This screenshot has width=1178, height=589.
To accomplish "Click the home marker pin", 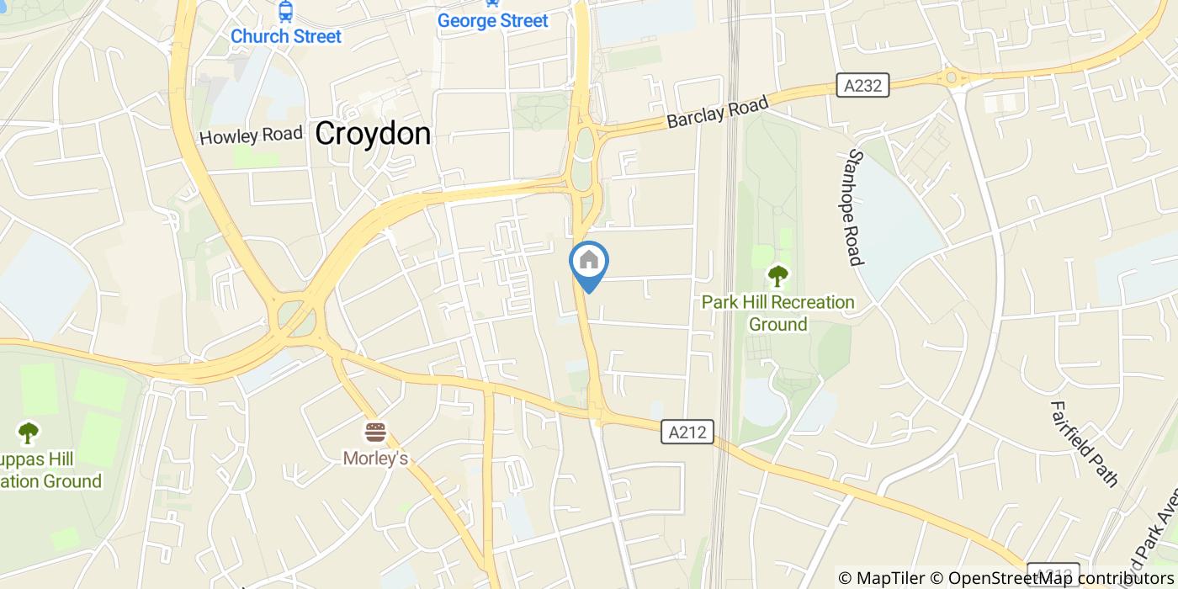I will click(589, 262).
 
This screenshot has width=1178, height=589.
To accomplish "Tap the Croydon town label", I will click(373, 134).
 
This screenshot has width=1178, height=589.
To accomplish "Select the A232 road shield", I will click(862, 85).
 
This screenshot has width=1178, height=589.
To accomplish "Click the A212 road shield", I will click(687, 432).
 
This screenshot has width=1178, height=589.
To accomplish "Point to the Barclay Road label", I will click(718, 112).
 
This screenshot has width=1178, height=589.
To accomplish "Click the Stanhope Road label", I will click(857, 207).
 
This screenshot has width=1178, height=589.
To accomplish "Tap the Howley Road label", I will click(251, 135).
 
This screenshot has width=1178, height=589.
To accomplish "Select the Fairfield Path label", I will click(1084, 443).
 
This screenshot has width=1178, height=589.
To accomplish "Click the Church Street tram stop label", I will click(286, 36).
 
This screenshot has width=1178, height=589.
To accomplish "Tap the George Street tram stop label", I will click(493, 21).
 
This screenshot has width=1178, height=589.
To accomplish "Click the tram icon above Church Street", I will click(286, 12).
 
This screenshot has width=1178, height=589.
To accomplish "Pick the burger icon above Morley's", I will click(375, 433).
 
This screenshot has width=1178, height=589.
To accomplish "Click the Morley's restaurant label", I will click(375, 459).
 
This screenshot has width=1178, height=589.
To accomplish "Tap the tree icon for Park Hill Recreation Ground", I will click(777, 275).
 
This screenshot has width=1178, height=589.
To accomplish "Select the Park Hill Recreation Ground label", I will click(778, 313).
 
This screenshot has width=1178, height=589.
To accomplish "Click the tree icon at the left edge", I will click(29, 433).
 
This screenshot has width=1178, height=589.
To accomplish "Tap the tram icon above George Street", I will click(493, 3).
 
